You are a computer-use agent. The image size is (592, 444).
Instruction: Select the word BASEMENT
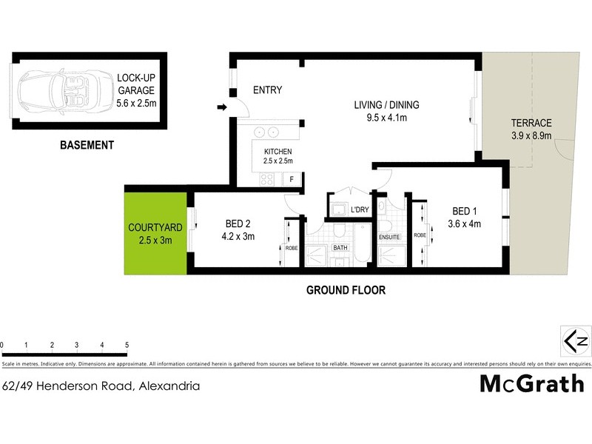coord(87,146)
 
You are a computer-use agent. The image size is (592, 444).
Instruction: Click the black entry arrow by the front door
coord(221,109)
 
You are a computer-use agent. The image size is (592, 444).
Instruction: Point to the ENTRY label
coord(267,90)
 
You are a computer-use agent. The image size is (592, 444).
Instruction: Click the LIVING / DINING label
coord(381,110)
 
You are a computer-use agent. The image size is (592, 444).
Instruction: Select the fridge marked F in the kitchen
coord(292,178)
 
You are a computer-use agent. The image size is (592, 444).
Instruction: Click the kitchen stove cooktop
coord(266,178)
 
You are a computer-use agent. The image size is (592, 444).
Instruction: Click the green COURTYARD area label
coord(155,234)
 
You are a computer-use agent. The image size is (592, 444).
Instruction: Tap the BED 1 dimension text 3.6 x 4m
coord(465,224)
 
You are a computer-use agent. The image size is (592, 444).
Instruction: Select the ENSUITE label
coord(389,238)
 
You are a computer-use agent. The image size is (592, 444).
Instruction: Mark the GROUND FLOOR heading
coord(346,290)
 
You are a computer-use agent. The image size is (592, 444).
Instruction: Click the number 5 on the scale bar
coord(127,346)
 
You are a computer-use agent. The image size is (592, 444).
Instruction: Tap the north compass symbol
coord(576,341)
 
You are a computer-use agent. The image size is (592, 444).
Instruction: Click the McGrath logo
coord(532,383)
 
